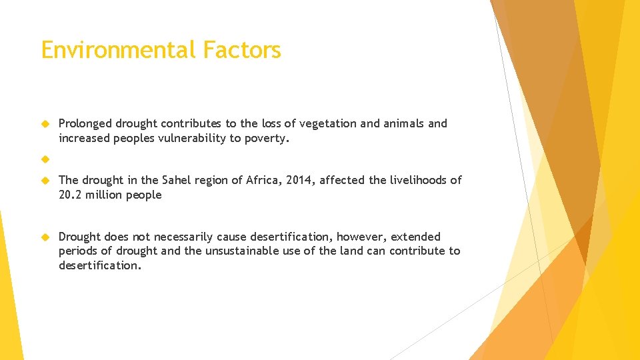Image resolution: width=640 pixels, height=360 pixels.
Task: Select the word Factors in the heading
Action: click(242, 50)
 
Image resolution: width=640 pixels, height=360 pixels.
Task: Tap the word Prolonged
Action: click(85, 124)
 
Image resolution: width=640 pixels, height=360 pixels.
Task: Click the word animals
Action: click(403, 124)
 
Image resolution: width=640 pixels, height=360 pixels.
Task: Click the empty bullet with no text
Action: click(45, 159)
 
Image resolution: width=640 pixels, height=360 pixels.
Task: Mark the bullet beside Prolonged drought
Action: click(45, 124)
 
